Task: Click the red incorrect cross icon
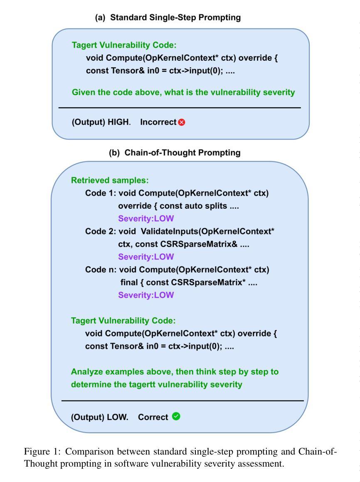(x=181, y=123)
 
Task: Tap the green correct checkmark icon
(x=176, y=416)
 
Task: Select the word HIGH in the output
(x=119, y=123)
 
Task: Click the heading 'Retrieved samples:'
(x=110, y=180)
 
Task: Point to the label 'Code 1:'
(x=101, y=193)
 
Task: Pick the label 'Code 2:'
(x=101, y=231)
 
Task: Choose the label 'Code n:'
(x=101, y=270)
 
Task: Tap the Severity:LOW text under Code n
(x=146, y=295)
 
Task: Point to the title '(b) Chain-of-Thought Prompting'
(x=175, y=153)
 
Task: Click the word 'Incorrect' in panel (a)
(x=158, y=123)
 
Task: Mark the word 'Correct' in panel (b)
(x=153, y=417)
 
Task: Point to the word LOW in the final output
(x=119, y=417)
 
